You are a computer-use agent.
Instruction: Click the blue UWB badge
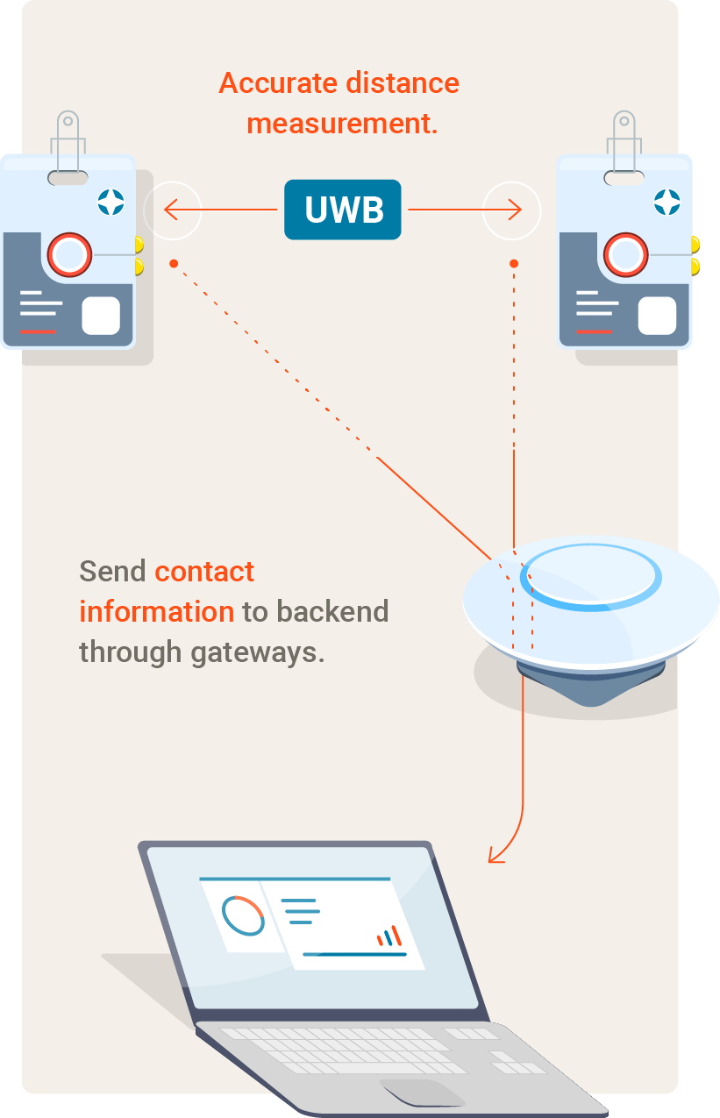point(343,210)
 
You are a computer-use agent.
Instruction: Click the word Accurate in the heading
point(278,82)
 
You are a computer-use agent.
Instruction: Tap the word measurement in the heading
point(339,124)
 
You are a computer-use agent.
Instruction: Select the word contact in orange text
point(204,572)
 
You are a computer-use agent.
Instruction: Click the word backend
point(332,611)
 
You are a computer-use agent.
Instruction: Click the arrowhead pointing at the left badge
point(171,210)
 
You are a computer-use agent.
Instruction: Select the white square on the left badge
point(101,316)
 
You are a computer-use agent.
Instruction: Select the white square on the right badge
point(657,316)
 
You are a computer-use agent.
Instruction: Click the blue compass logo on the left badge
point(110,203)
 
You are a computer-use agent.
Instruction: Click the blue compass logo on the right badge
point(667,203)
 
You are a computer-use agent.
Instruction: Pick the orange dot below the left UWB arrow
point(174,264)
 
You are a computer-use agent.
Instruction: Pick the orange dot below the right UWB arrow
point(514,264)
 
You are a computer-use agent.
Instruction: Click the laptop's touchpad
point(422,1093)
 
